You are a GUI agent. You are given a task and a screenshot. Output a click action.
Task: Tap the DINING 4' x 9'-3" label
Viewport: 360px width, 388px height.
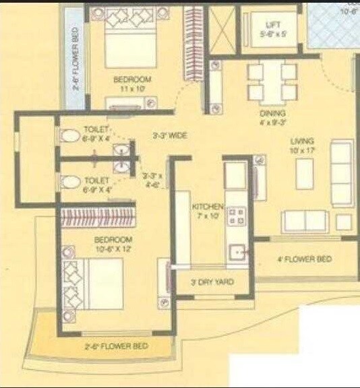[x=272, y=119]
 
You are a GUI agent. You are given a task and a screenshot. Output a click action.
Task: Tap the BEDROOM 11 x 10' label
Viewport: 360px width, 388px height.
[x=133, y=84]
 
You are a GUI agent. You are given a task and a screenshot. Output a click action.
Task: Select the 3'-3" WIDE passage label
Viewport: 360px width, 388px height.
[x=169, y=135]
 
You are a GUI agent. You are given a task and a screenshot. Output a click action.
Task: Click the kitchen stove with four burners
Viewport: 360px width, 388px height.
[x=237, y=216]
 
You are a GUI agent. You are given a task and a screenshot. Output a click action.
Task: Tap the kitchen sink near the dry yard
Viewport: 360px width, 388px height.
[x=237, y=253]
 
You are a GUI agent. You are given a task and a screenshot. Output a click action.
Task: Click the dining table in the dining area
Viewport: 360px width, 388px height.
[x=272, y=80]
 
